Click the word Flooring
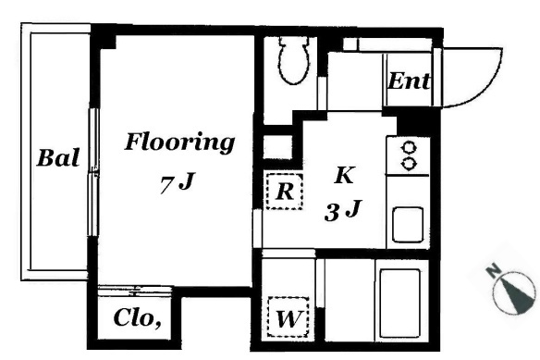[179, 143]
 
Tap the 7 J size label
[178, 183]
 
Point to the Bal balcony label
[58, 158]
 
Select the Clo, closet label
[138, 317]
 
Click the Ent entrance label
[409, 81]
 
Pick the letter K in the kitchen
[344, 175]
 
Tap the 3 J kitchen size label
[343, 211]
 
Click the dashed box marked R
[285, 192]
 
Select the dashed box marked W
[288, 317]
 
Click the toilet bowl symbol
[294, 60]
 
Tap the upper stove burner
[409, 147]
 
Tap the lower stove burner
[409, 164]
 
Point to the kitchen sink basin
[408, 225]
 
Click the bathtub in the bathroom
[399, 304]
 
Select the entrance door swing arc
[487, 86]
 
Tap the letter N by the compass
[494, 271]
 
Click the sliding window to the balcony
[92, 172]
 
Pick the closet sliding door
[135, 291]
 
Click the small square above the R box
[277, 147]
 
